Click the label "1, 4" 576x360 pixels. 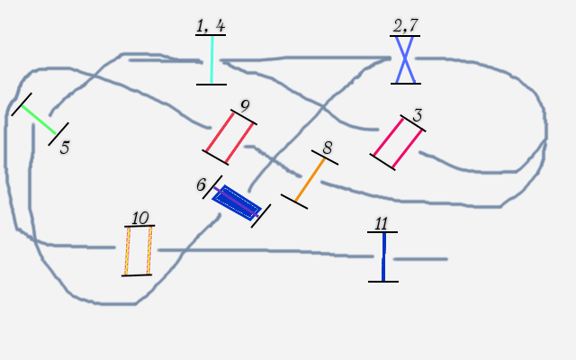[x=211, y=25]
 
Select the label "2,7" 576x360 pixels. [x=405, y=25]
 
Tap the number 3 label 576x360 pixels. [x=417, y=116]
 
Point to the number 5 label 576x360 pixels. [x=64, y=148]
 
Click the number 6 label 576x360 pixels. [x=202, y=184]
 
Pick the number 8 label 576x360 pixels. [x=327, y=148]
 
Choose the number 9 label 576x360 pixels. [x=244, y=106]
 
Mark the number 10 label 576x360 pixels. [x=139, y=218]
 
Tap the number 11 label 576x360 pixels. [x=382, y=223]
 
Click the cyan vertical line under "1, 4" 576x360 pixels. [x=211, y=60]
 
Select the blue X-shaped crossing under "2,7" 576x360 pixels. [x=405, y=59]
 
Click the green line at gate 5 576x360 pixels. [x=40, y=118]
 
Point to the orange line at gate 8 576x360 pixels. [x=310, y=180]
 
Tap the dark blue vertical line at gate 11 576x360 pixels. [x=383, y=256]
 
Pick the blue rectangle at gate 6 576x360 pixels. [x=237, y=202]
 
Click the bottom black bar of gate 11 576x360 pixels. [x=382, y=282]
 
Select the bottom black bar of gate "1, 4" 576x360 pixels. [x=211, y=85]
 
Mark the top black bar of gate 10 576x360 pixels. [x=139, y=226]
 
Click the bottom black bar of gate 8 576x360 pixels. [x=294, y=202]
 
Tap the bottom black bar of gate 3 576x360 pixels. [x=382, y=162]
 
